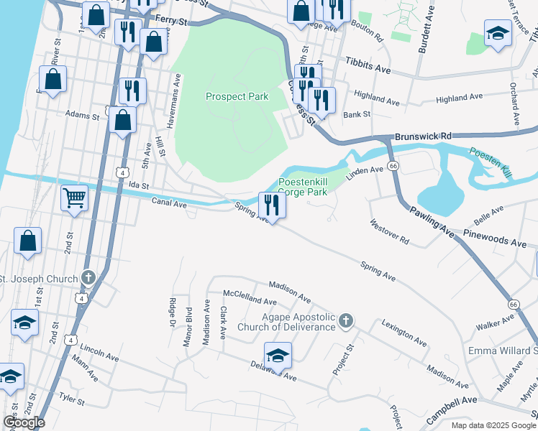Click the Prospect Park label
(x=237, y=96)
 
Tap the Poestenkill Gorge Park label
(x=303, y=187)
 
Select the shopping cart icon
(x=75, y=198)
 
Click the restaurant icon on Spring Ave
(x=273, y=205)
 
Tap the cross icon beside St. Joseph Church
(x=88, y=277)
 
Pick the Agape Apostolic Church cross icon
(x=346, y=320)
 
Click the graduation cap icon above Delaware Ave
(x=278, y=356)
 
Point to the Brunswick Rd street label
(x=422, y=135)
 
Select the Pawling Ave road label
(x=433, y=220)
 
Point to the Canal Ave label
(x=169, y=205)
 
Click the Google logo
(x=23, y=422)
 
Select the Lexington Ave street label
(x=407, y=331)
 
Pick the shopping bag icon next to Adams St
(x=123, y=120)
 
